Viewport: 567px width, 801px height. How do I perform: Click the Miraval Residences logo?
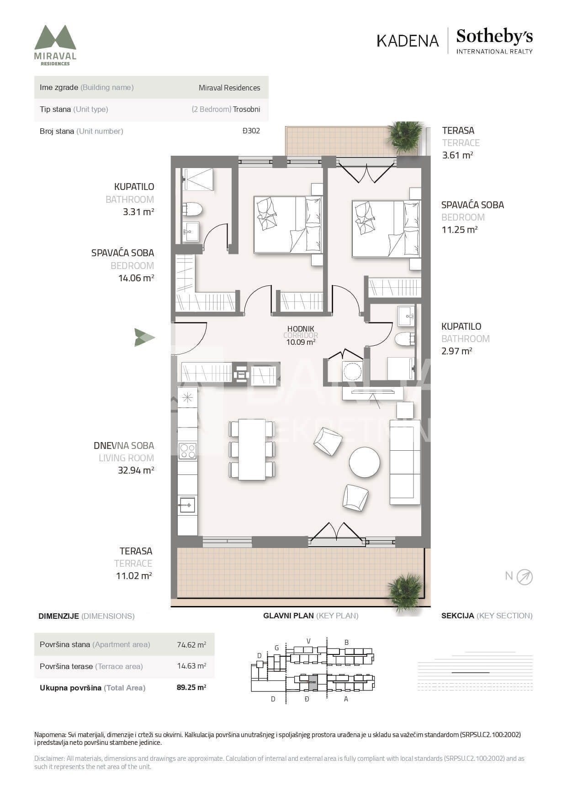[55, 45]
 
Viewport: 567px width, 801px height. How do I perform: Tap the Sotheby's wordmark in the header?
[494, 36]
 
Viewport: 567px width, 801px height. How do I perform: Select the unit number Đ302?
[251, 131]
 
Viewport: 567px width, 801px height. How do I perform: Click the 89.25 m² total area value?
[191, 688]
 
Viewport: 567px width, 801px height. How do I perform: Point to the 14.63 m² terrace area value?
[191, 666]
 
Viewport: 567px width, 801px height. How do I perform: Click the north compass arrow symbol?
[525, 577]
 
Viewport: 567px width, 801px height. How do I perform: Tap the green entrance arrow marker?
[144, 337]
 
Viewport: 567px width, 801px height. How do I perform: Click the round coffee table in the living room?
[364, 462]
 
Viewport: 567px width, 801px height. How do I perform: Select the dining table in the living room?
[252, 450]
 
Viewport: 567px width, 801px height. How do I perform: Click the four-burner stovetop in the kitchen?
[187, 451]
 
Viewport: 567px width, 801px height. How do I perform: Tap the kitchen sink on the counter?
[187, 505]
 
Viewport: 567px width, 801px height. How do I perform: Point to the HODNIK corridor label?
[301, 329]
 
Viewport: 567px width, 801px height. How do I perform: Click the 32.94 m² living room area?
[136, 470]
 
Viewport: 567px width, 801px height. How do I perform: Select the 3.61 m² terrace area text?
[457, 155]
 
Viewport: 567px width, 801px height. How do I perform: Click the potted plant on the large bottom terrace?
[404, 591]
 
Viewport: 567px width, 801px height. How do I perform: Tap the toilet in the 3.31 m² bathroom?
[192, 210]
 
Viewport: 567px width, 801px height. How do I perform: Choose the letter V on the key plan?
[308, 641]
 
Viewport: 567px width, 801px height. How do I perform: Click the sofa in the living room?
[405, 462]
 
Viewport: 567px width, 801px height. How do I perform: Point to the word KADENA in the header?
[408, 41]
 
